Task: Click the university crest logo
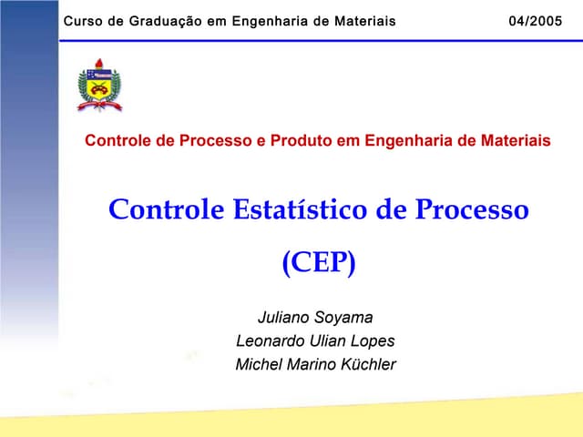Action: (x=99, y=86)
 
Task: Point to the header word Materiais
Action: (x=359, y=21)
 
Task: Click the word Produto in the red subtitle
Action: (x=308, y=141)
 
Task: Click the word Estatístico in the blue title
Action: (x=294, y=209)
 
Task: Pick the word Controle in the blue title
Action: (x=166, y=209)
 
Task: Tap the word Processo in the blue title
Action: (x=472, y=209)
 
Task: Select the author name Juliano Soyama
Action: (x=315, y=318)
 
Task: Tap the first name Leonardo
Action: (x=268, y=341)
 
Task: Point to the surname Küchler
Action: (x=368, y=365)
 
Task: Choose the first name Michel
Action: (x=257, y=365)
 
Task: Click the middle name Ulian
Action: (x=324, y=341)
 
